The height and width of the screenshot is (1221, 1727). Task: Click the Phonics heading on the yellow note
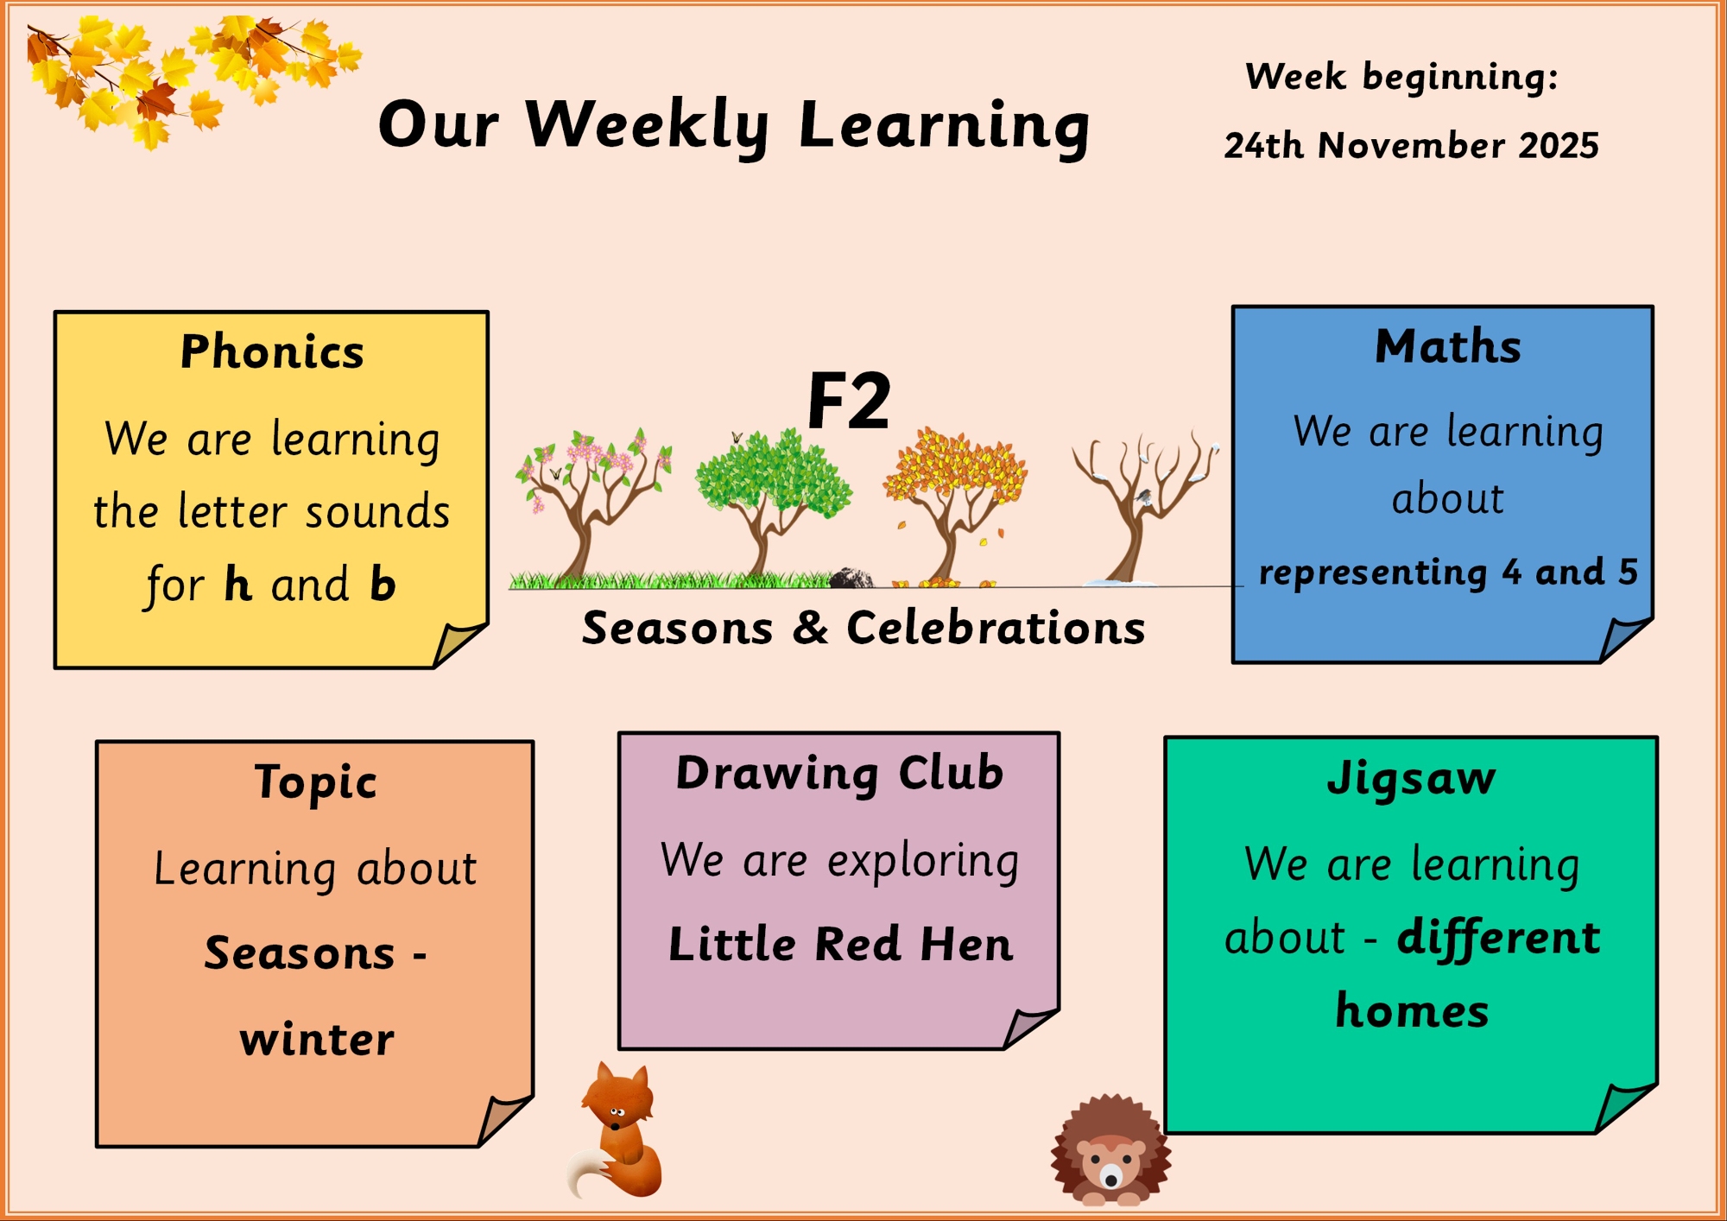(272, 351)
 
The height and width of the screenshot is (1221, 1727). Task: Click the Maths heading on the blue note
(1448, 346)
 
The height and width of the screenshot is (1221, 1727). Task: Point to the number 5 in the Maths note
(1628, 571)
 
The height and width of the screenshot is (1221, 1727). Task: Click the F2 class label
(848, 401)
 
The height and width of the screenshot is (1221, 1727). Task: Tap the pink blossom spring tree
(592, 505)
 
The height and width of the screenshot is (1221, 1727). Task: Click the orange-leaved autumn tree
(954, 505)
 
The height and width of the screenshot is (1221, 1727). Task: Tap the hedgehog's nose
(1111, 1176)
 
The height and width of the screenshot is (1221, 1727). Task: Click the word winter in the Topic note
(317, 1039)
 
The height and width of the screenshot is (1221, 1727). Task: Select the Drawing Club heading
(839, 773)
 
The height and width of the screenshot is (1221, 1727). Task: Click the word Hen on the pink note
(966, 943)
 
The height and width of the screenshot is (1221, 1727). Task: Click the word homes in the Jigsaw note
(1412, 1010)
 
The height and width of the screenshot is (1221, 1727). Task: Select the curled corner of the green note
(1623, 1107)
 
